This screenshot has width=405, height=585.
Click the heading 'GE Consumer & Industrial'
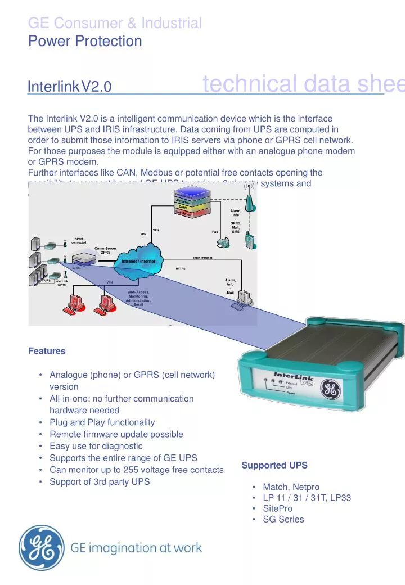pyautogui.click(x=115, y=23)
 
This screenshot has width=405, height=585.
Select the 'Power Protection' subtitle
pyautogui.click(x=85, y=41)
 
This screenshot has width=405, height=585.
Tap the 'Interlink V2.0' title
pyautogui.click(x=70, y=87)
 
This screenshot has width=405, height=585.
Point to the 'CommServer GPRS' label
pyautogui.click(x=105, y=250)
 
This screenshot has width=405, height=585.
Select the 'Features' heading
pyautogui.click(x=47, y=351)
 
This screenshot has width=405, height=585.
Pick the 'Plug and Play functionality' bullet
pyautogui.click(x=102, y=422)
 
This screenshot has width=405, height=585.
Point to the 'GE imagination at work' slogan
pyautogui.click(x=137, y=548)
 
